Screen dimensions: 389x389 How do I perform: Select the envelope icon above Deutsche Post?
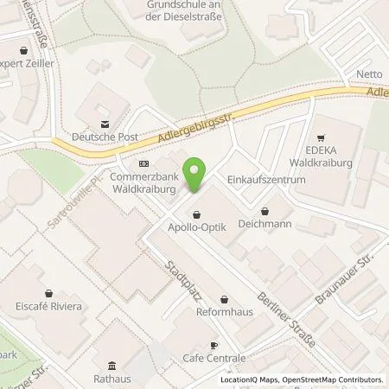click(105, 122)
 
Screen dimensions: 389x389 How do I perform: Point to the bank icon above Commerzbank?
click(143, 163)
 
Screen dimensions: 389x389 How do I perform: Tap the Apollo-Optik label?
click(196, 228)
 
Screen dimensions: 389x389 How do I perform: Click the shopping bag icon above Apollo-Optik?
click(196, 214)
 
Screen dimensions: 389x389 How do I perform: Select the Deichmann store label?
click(265, 221)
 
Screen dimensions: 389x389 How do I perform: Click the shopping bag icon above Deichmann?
click(265, 208)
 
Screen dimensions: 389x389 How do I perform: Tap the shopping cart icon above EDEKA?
click(321, 137)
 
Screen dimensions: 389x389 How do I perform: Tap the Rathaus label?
click(110, 377)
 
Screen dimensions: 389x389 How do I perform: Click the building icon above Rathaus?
click(110, 364)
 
